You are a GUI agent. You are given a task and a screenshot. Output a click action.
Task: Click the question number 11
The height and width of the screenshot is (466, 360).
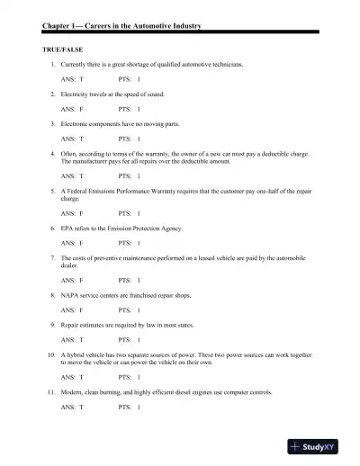(x=51, y=393)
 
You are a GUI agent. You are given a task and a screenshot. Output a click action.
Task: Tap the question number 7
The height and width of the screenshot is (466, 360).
(x=53, y=257)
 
